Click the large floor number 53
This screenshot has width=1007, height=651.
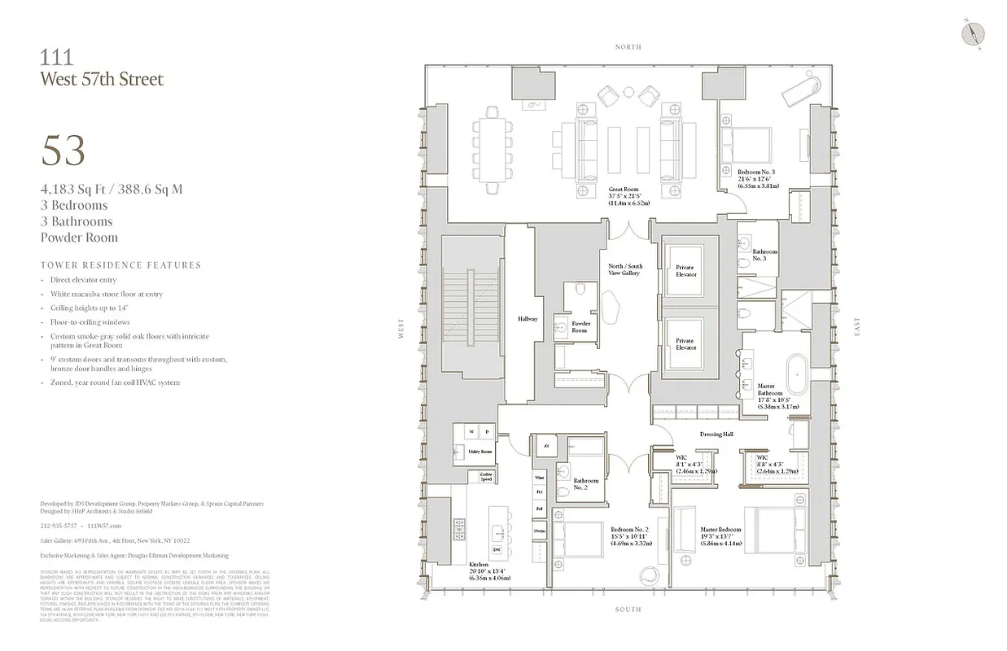click(63, 151)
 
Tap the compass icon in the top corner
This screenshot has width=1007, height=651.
click(974, 33)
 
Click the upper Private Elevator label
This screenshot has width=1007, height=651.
click(685, 271)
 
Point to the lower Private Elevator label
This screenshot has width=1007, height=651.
click(685, 344)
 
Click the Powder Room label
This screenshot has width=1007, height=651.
click(580, 327)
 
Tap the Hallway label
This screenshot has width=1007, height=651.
click(528, 319)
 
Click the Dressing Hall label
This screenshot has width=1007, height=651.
click(716, 435)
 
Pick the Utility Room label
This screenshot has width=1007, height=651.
click(479, 450)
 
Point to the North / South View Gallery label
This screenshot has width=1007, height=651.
click(625, 269)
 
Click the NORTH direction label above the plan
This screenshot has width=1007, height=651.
click(628, 47)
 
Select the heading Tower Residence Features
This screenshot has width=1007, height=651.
click(120, 265)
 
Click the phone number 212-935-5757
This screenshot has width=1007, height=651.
click(56, 526)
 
